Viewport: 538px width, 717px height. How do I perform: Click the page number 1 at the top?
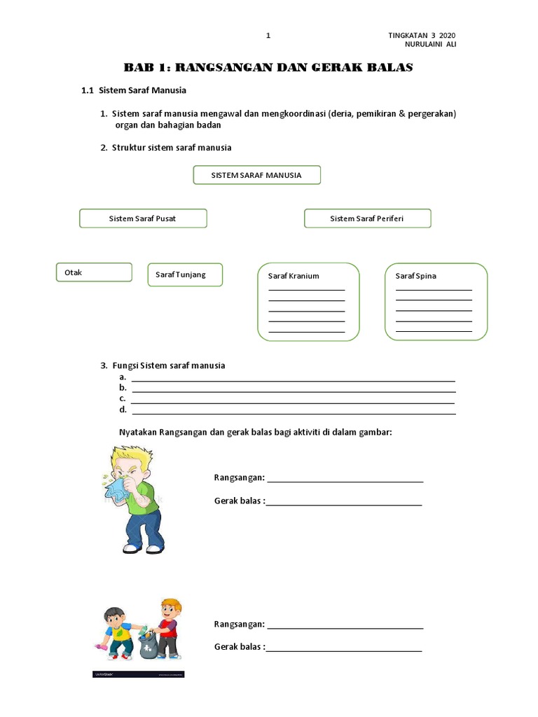[268, 36]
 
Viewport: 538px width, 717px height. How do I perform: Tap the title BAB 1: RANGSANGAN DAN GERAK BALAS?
[268, 68]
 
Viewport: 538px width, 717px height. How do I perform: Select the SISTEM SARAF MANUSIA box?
[256, 175]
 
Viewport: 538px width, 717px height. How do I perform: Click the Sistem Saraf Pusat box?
[143, 218]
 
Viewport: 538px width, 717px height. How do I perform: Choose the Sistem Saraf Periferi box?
[367, 218]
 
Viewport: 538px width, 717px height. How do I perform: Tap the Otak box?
[94, 272]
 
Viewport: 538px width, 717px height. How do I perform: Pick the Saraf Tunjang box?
[185, 274]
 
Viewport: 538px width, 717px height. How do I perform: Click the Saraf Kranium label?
[294, 276]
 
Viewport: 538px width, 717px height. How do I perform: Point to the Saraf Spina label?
[415, 276]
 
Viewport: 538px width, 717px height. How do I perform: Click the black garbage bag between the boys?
[148, 644]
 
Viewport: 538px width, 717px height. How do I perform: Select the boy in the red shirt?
[167, 627]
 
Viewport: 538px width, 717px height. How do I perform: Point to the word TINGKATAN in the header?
[409, 36]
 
